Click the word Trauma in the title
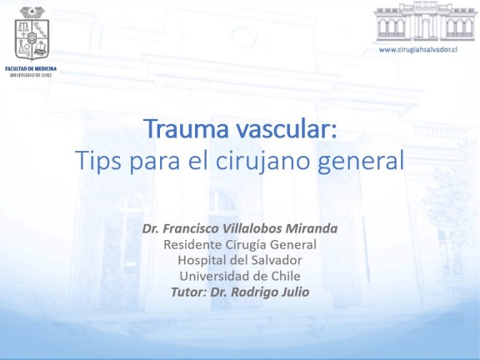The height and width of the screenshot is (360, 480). pyautogui.click(x=187, y=129)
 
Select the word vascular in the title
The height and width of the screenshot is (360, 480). pyautogui.click(x=286, y=129)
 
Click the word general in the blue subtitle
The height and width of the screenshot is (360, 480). pyautogui.click(x=361, y=161)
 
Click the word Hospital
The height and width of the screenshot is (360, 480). pyautogui.click(x=202, y=260)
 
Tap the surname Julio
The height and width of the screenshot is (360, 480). pyautogui.click(x=297, y=292)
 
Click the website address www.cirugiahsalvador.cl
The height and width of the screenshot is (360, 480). pyautogui.click(x=418, y=50)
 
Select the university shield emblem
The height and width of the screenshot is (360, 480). pyautogui.click(x=32, y=33)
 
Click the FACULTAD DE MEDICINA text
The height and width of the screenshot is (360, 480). pyautogui.click(x=31, y=69)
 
